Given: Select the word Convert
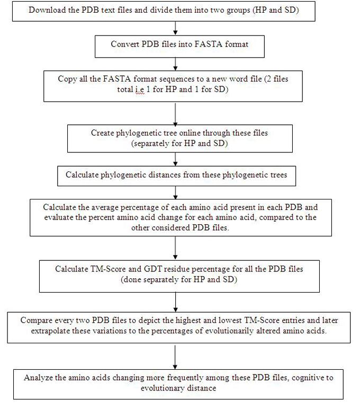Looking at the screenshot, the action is point(125,44).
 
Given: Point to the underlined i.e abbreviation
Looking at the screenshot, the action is point(140,90).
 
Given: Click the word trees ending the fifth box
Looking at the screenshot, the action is point(277,175).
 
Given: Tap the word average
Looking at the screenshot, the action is point(104,207).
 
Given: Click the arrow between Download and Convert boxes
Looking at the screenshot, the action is point(175,28).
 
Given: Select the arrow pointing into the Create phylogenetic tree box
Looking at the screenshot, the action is point(175,114).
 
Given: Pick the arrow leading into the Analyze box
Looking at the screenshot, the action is point(175,357).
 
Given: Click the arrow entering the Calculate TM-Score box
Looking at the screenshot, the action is point(175,249).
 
